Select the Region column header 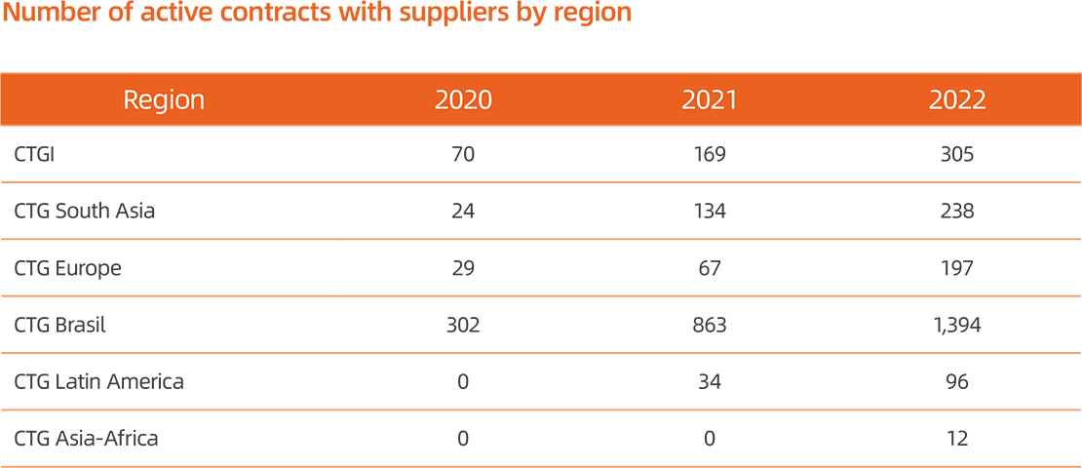coord(164,99)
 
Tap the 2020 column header coord(463,99)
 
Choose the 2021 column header coord(710,99)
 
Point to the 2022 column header coord(957,99)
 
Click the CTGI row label coord(34,154)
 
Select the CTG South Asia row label coord(85,211)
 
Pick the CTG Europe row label coord(68,268)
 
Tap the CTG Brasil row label coord(60,325)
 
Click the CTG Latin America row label coord(98,381)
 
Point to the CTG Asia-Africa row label coord(86,439)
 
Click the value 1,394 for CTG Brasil coord(957,325)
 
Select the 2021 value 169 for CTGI coord(710,154)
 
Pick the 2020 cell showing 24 coord(463,211)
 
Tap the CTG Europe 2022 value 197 coord(957,268)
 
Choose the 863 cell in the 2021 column coord(710,325)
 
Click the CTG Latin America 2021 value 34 coord(710,381)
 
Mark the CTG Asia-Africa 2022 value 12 coord(957,439)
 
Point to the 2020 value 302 coord(463,325)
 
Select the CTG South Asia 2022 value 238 coord(957,211)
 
